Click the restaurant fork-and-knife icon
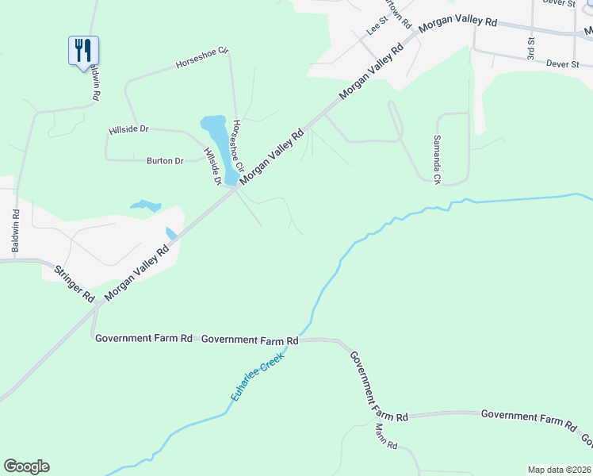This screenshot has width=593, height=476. pos(83,51)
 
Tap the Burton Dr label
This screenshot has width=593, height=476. pos(165,161)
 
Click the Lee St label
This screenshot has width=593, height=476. pos(376,28)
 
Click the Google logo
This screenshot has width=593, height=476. pos(26,466)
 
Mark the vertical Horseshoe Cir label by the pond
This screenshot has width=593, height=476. pos(236,144)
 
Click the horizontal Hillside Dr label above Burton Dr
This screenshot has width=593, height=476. pos(129,129)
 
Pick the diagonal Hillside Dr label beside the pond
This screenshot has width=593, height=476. pos(212,167)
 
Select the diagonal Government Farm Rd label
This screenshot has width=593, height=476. pos(378,385)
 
